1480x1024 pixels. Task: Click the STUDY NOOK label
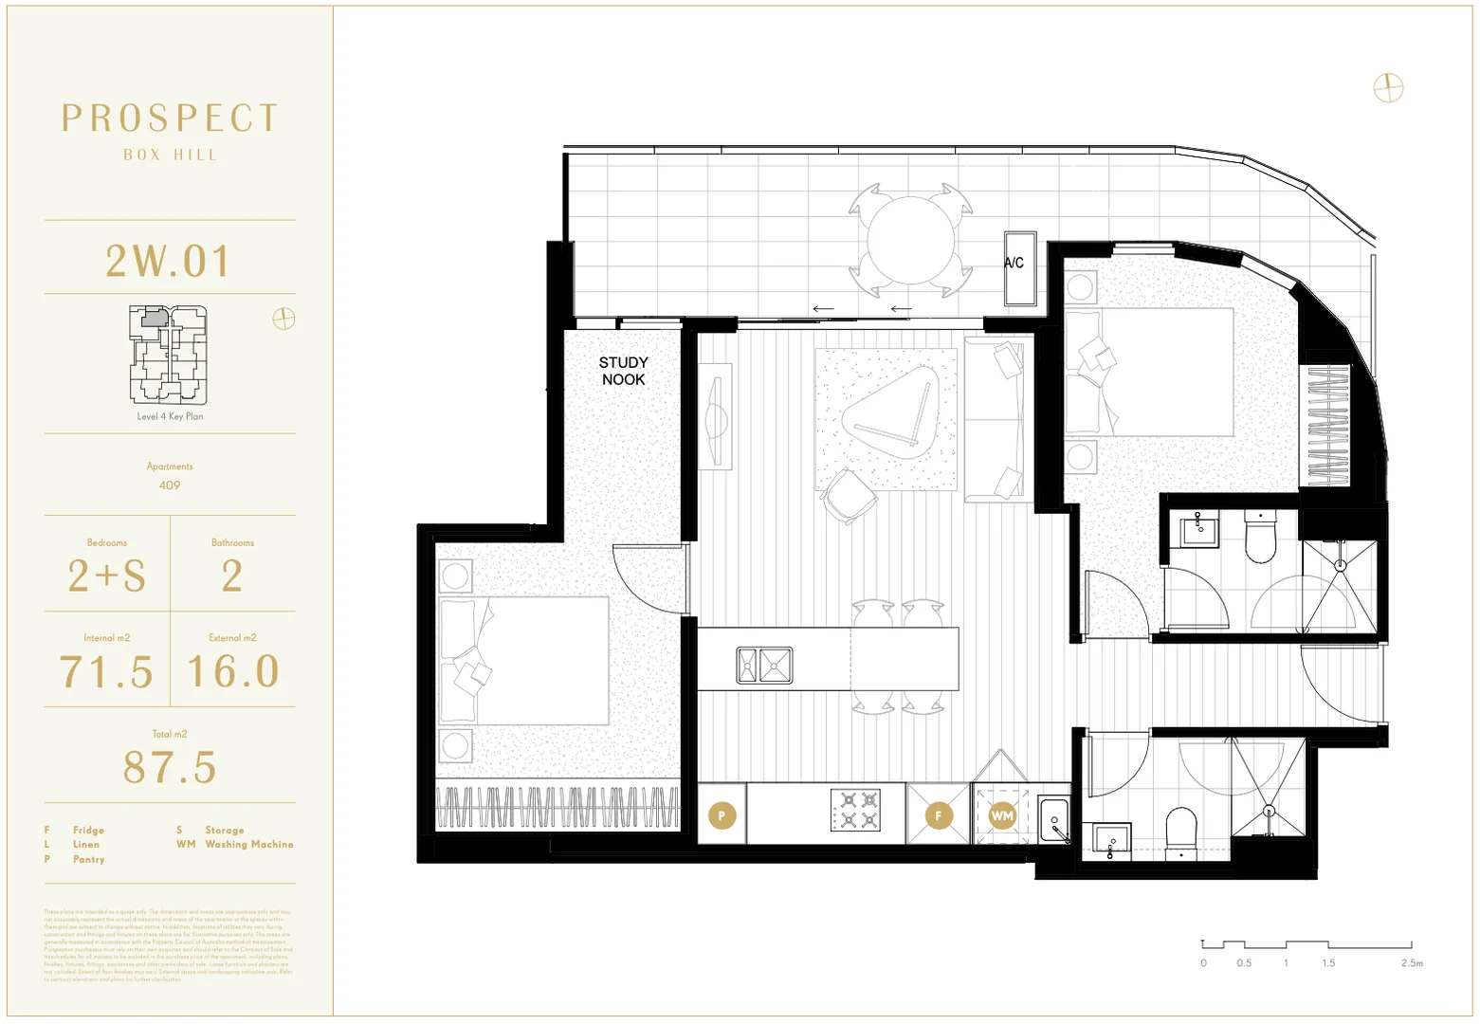623,371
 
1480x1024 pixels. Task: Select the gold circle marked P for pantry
722,815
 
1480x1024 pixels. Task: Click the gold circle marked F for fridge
939,815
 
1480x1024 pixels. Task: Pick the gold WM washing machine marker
1002,815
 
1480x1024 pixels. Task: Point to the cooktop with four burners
855,811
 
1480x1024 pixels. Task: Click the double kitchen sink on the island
764,666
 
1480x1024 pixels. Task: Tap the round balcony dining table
910,241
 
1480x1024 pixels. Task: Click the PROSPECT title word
171,119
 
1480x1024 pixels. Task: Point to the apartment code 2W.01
169,262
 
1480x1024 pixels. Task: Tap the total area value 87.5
170,768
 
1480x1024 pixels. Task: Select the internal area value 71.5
106,672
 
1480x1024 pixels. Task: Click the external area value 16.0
233,672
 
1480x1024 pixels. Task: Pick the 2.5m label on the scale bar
1412,963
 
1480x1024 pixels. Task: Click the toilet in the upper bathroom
1261,539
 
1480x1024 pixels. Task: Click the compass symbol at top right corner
1388,88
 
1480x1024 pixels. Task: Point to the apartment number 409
170,485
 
